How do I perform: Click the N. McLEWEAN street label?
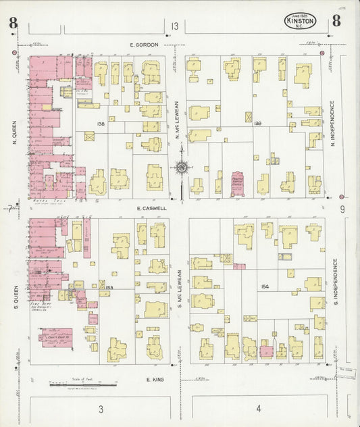pyautogui.click(x=177, y=119)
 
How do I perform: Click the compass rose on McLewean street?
pyautogui.click(x=181, y=168)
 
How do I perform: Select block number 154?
pyautogui.click(x=264, y=286)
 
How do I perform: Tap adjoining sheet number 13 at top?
pyautogui.click(x=175, y=26)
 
